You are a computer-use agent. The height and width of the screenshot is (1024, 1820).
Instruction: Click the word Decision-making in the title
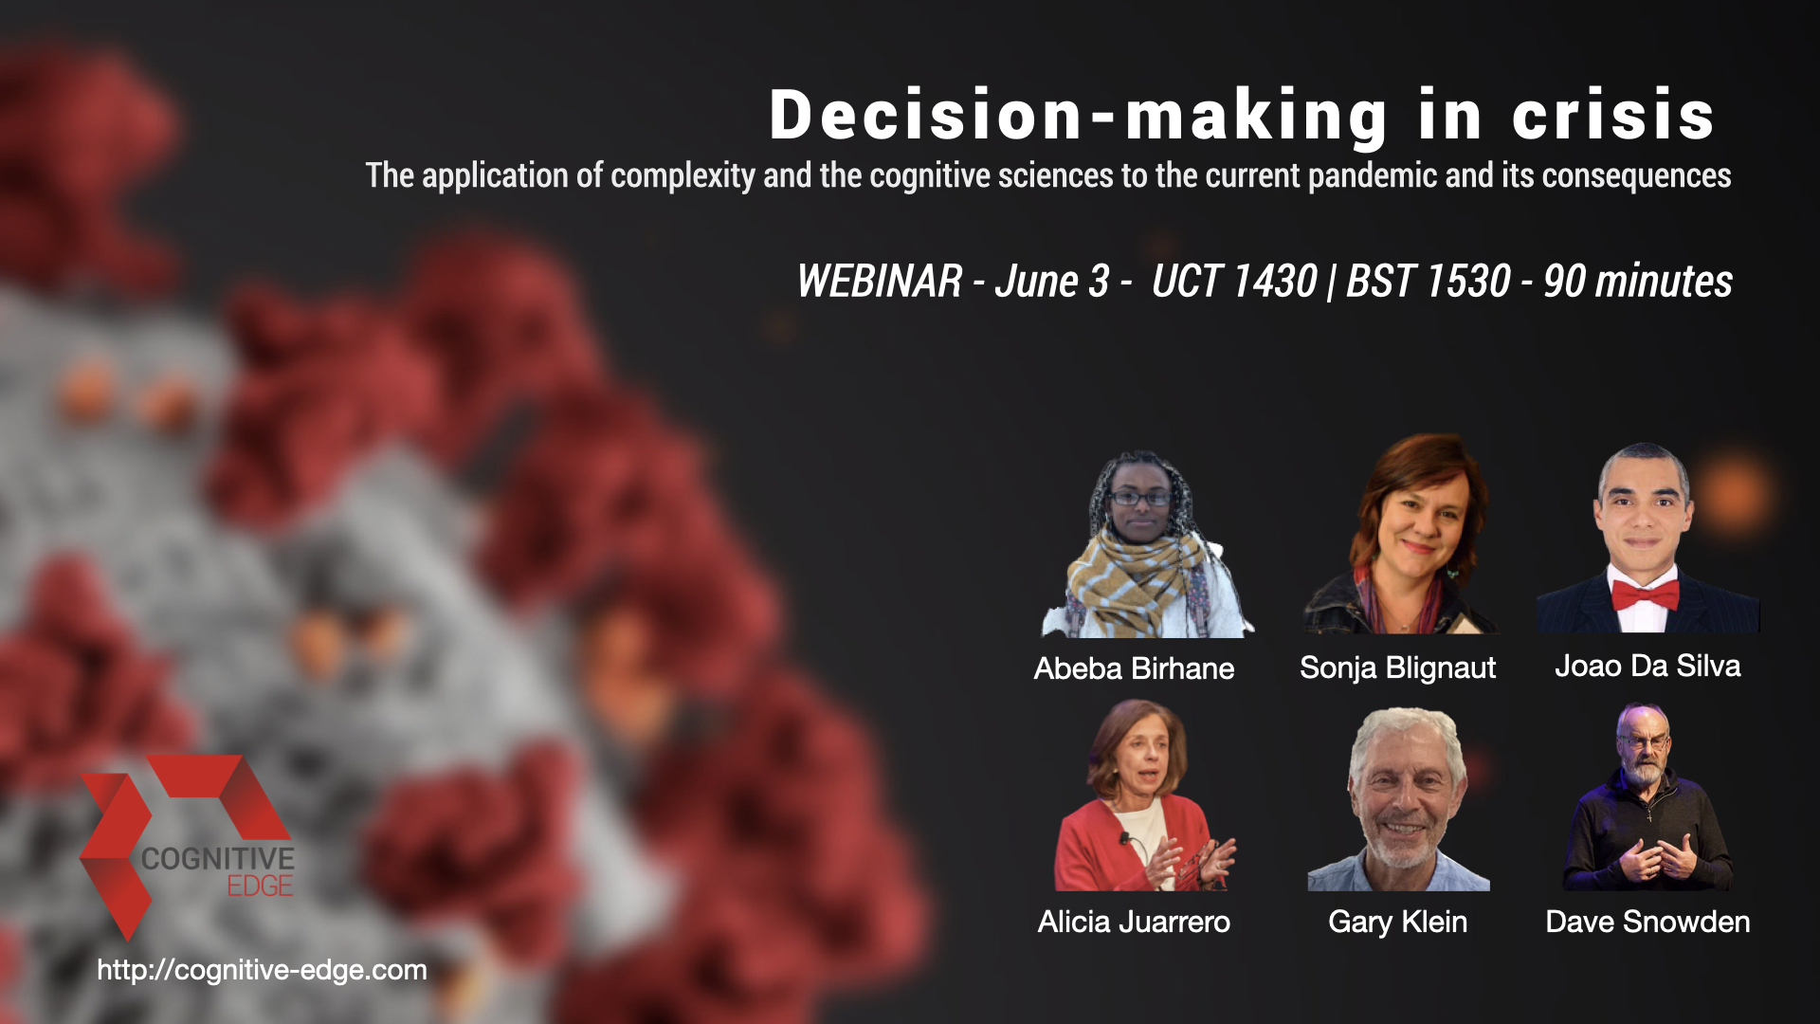click(1079, 117)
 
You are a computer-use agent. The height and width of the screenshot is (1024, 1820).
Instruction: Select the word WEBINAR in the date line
click(880, 281)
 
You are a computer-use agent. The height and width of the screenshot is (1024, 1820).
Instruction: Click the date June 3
click(1051, 281)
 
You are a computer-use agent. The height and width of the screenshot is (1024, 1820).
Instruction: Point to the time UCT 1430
click(1234, 281)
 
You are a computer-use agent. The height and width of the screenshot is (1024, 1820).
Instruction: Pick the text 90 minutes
click(1638, 281)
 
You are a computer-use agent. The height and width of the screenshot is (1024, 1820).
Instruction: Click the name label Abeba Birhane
click(1134, 668)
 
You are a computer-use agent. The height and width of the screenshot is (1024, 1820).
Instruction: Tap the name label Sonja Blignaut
click(1397, 668)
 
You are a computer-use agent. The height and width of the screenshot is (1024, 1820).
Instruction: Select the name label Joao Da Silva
click(1647, 666)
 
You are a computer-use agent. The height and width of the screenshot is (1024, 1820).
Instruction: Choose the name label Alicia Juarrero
click(1134, 922)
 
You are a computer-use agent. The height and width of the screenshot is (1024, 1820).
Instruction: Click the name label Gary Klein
click(1397, 922)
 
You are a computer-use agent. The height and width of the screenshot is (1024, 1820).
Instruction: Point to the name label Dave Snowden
click(1647, 922)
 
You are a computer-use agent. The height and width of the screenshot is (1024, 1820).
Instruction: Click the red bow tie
click(1646, 595)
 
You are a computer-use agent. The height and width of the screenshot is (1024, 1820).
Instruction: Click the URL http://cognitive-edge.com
click(262, 970)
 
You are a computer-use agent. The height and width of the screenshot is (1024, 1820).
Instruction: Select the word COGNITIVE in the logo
click(218, 859)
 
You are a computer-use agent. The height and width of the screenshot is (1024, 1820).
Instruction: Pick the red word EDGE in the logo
click(260, 887)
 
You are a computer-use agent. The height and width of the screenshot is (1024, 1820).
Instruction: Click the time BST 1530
click(1429, 281)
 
